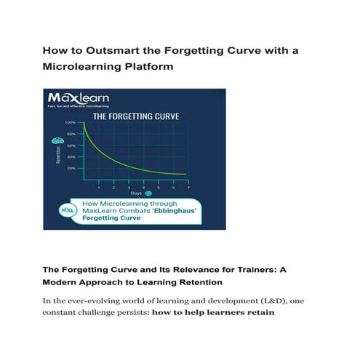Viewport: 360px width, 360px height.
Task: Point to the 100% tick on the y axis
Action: pyautogui.click(x=70, y=123)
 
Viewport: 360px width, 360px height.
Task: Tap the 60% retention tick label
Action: pyautogui.click(x=71, y=145)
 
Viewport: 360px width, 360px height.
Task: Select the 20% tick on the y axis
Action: pyautogui.click(x=71, y=168)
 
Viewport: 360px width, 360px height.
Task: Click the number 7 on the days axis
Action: pyautogui.click(x=188, y=187)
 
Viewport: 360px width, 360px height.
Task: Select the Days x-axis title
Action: pyautogui.click(x=136, y=193)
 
